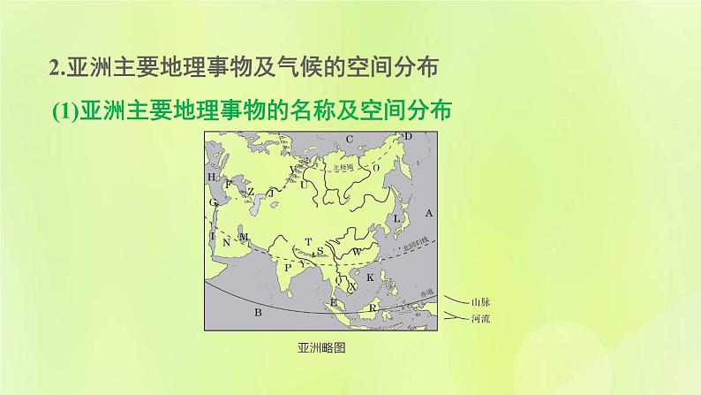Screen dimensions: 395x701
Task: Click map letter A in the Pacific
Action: coord(429,213)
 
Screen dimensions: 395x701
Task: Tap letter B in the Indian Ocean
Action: coord(259,313)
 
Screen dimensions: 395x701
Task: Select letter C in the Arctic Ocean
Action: coord(349,138)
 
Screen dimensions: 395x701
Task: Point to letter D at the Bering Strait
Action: coord(408,136)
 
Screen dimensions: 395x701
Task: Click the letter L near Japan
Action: coord(397,217)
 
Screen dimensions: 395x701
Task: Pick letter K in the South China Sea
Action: coord(370,277)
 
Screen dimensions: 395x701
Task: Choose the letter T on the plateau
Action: coord(308,240)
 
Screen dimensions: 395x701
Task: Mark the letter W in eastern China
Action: coord(358,250)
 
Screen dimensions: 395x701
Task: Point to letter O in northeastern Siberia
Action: coord(375,166)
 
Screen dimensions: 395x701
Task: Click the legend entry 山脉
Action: coord(481,301)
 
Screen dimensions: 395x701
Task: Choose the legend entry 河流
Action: coord(481,317)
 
